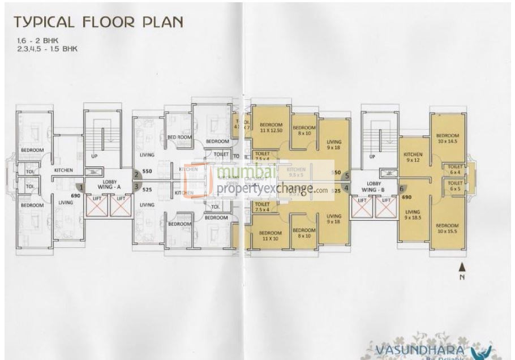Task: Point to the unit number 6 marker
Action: coord(402,188)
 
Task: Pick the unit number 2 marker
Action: coord(136,175)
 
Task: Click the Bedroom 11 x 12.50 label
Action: coord(271,127)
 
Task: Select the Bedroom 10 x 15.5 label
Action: coord(448,228)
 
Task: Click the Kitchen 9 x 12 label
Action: coord(413,157)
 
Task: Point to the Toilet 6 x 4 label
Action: coord(455,168)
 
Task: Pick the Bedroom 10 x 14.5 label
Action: coord(447,138)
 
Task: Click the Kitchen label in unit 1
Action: coord(62,170)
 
